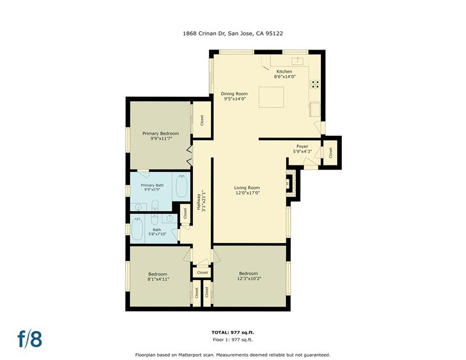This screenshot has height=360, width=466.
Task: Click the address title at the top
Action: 233,34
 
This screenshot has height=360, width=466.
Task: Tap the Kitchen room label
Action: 284,72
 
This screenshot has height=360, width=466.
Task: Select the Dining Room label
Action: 235,94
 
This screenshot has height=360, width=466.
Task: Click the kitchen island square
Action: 271,97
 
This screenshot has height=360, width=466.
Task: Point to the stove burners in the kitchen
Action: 315,83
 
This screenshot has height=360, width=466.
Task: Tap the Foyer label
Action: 302,147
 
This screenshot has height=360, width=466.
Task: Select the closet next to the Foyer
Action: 330,152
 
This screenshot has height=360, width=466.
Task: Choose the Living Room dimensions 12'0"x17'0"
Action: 246,193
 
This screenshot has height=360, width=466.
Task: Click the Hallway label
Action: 201,201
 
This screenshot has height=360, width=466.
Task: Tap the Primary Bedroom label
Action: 161,133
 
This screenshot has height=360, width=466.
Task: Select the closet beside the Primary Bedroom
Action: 202,121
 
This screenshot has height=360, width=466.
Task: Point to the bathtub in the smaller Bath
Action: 138,230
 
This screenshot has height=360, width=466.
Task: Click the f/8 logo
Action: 30,338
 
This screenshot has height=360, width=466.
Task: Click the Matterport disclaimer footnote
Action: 232,354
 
